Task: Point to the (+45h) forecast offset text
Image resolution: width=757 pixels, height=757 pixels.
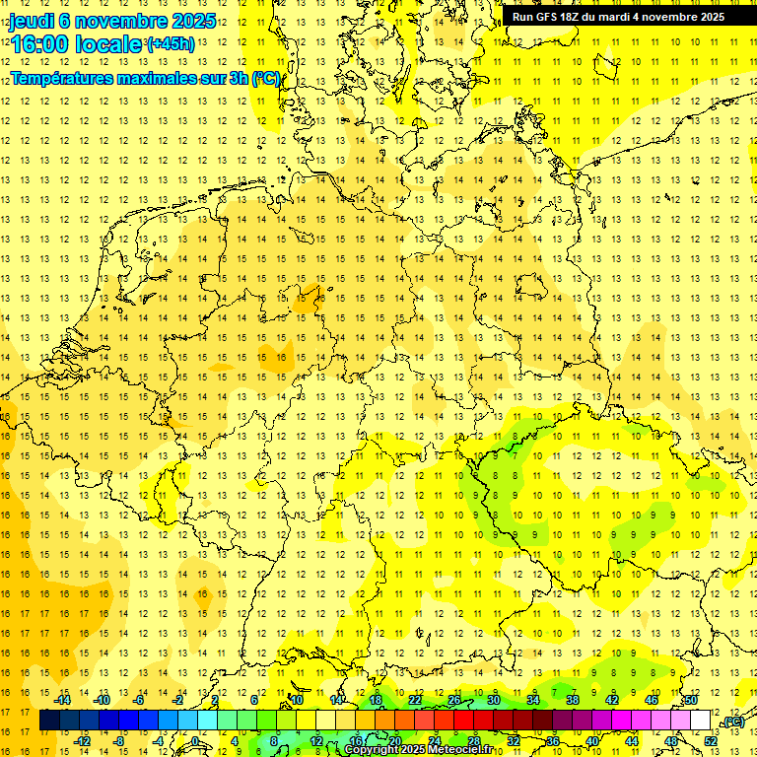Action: click(x=170, y=44)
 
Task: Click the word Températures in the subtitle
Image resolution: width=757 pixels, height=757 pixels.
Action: click(x=61, y=78)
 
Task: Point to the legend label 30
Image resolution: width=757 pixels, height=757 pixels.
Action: click(x=493, y=700)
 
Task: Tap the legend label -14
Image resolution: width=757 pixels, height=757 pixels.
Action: click(x=65, y=700)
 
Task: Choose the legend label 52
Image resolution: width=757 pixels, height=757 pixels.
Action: click(x=711, y=740)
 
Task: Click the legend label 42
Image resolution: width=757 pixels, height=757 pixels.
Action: click(x=612, y=700)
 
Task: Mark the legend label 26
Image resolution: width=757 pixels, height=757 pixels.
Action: click(x=453, y=700)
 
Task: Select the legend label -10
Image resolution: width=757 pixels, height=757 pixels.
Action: click(x=102, y=700)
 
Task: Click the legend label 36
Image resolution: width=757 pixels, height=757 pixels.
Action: click(x=553, y=740)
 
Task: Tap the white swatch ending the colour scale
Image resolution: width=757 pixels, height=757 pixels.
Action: click(x=701, y=720)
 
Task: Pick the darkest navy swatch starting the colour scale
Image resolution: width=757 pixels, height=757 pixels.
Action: click(x=49, y=720)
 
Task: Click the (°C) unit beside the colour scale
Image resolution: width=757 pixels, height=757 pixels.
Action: click(x=732, y=722)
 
